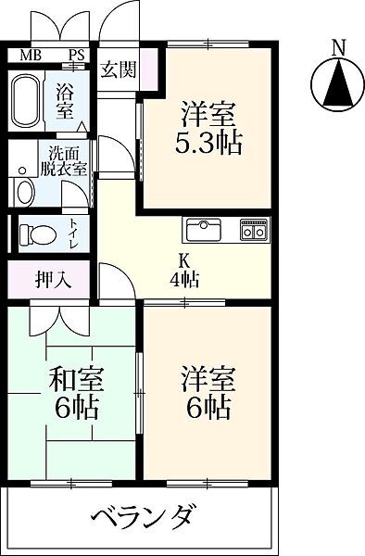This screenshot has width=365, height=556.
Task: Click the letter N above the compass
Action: point(339,47)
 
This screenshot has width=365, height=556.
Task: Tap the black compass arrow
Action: point(339,83)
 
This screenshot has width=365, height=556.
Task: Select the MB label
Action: point(31,55)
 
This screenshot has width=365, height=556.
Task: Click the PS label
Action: point(76,55)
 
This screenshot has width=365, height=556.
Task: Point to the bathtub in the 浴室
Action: point(26,100)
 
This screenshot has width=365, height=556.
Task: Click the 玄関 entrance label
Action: point(119,69)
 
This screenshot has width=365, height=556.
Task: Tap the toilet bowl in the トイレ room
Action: point(37,234)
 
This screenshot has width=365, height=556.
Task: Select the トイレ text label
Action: point(74,234)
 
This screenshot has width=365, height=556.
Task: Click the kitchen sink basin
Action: point(203,230)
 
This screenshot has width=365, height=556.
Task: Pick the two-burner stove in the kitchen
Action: point(254,229)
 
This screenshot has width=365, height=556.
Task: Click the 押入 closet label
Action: point(54,280)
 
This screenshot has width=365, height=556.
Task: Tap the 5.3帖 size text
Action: point(208,143)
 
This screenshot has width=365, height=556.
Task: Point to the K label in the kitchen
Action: point(184,262)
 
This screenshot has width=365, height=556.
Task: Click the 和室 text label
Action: point(76,379)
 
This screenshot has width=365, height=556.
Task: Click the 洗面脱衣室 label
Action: point(68,161)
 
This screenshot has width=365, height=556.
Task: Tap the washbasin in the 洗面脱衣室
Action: point(24,192)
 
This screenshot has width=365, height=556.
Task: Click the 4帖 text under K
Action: point(184,280)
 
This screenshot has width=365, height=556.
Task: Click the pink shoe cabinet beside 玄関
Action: point(149,69)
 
